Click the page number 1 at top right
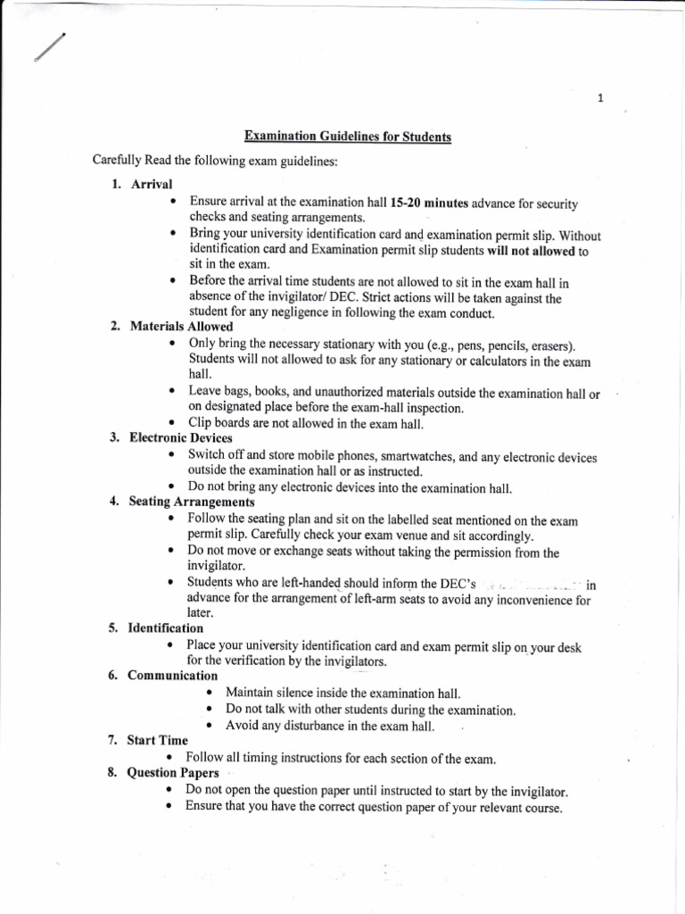tap(601, 98)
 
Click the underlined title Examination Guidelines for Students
tap(349, 137)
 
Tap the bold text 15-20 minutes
tap(430, 203)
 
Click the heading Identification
tap(165, 627)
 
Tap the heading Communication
tap(173, 676)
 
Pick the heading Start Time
tap(158, 740)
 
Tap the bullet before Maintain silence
tap(209, 693)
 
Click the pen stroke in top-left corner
tap(49, 46)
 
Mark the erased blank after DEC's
tap(532, 585)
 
